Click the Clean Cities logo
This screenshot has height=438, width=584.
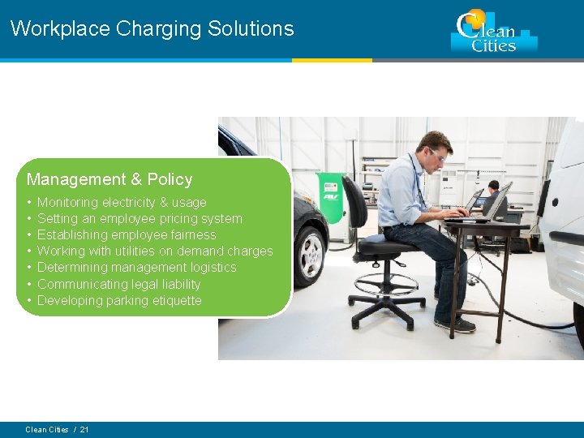pyautogui.click(x=493, y=32)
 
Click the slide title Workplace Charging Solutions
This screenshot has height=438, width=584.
pyautogui.click(x=152, y=28)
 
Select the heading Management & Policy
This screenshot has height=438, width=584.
pyautogui.click(x=109, y=179)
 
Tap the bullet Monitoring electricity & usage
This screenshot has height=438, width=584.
pyautogui.click(x=122, y=202)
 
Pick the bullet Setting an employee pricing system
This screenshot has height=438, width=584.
pyautogui.click(x=140, y=218)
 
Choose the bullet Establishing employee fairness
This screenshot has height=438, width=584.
pyautogui.click(x=127, y=234)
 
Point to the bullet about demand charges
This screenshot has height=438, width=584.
pyautogui.click(x=155, y=251)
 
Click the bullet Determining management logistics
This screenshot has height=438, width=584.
pyautogui.click(x=136, y=267)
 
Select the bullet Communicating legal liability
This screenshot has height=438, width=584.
pyautogui.click(x=118, y=284)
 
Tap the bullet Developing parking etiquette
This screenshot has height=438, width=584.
pyautogui.click(x=119, y=300)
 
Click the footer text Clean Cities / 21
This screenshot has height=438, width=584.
pyautogui.click(x=57, y=429)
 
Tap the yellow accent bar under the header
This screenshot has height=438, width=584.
pyautogui.click(x=332, y=60)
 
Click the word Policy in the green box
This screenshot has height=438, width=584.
pyautogui.click(x=170, y=179)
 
